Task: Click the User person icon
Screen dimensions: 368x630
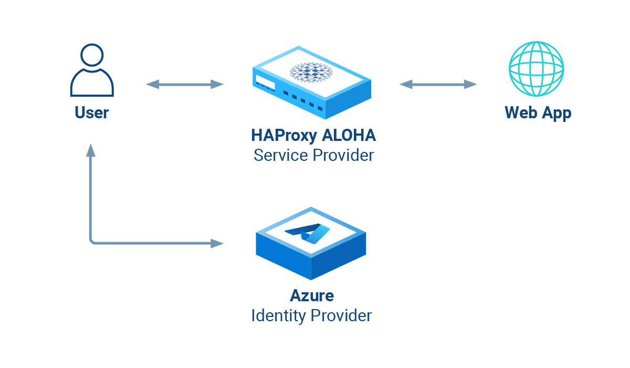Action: click(x=92, y=71)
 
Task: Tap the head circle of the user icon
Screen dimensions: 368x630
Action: click(x=92, y=55)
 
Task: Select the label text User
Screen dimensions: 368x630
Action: click(x=92, y=113)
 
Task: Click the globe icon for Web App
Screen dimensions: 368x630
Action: click(x=536, y=69)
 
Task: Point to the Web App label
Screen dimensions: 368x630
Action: click(x=538, y=113)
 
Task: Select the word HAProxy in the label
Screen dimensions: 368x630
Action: click(x=284, y=136)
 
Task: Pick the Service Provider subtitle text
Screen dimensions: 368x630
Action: click(x=313, y=156)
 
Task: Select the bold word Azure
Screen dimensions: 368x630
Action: click(x=311, y=295)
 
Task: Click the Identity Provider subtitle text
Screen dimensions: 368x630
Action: click(x=311, y=315)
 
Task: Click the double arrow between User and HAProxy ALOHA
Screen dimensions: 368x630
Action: click(x=185, y=84)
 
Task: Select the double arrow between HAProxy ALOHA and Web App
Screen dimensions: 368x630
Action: click(x=438, y=84)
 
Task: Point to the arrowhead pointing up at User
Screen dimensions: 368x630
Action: click(x=91, y=150)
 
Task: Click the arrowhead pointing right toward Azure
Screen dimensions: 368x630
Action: click(x=217, y=243)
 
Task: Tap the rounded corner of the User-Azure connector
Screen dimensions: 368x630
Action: click(x=93, y=241)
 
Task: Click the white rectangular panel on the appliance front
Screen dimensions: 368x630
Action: click(x=266, y=82)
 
